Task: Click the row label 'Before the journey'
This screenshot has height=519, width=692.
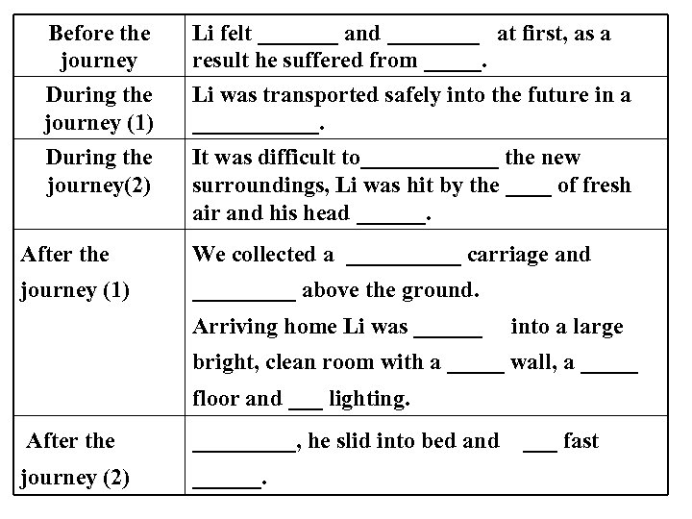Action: tap(99, 47)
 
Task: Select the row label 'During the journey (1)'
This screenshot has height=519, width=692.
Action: tap(99, 110)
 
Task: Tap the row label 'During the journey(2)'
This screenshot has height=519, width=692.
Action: tap(99, 171)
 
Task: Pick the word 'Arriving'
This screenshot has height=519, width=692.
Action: tap(235, 327)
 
